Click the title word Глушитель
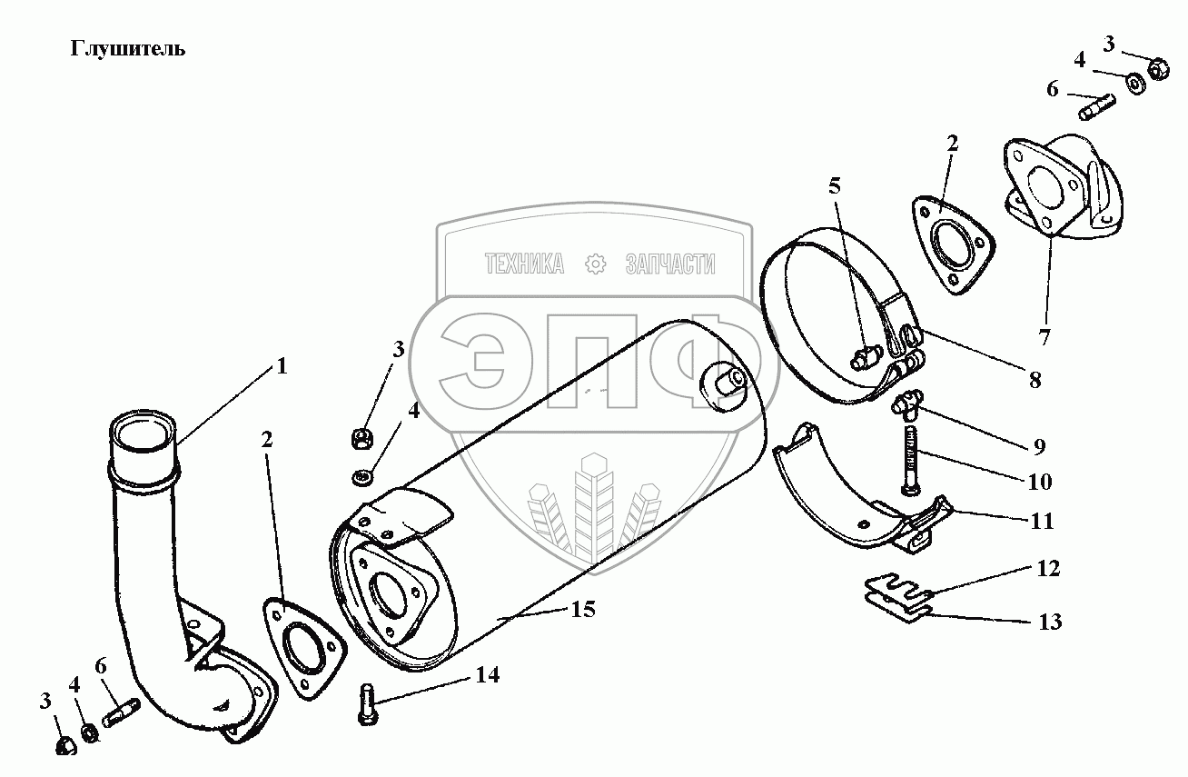[128, 49]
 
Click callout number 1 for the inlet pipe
[282, 366]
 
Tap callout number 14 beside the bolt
[487, 674]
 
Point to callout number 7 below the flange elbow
[1044, 337]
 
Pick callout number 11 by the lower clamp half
[1042, 522]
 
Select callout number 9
[1038, 446]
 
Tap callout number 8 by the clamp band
[1035, 379]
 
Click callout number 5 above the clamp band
[835, 187]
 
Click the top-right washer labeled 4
[1135, 83]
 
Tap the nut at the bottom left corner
[66, 745]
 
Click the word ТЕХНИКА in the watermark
[525, 264]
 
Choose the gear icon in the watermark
[596, 264]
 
